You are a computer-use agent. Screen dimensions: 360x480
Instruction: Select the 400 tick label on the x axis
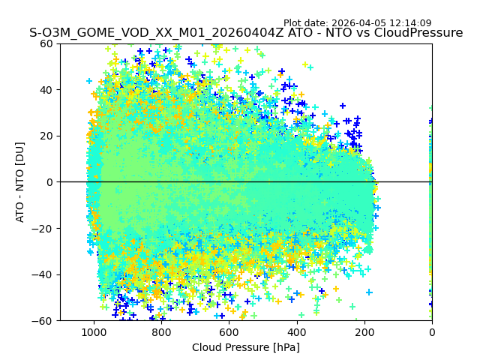(x=296, y=332)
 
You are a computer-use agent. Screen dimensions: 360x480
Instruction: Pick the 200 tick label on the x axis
(x=364, y=332)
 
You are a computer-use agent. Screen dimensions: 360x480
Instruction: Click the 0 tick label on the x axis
(x=432, y=332)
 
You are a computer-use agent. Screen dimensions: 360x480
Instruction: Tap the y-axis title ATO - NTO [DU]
(x=20, y=182)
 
